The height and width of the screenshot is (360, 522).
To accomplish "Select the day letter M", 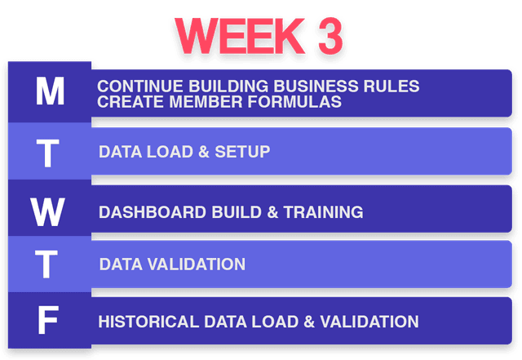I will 50,92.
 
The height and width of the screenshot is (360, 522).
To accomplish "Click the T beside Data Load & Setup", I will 49,153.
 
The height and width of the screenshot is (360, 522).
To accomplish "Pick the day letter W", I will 49,211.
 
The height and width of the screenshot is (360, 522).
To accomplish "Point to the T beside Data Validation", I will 49,264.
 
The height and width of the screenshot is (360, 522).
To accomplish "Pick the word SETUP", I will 244,152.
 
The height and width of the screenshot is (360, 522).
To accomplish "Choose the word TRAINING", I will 322,212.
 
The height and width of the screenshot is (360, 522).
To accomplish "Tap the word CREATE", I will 126,102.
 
